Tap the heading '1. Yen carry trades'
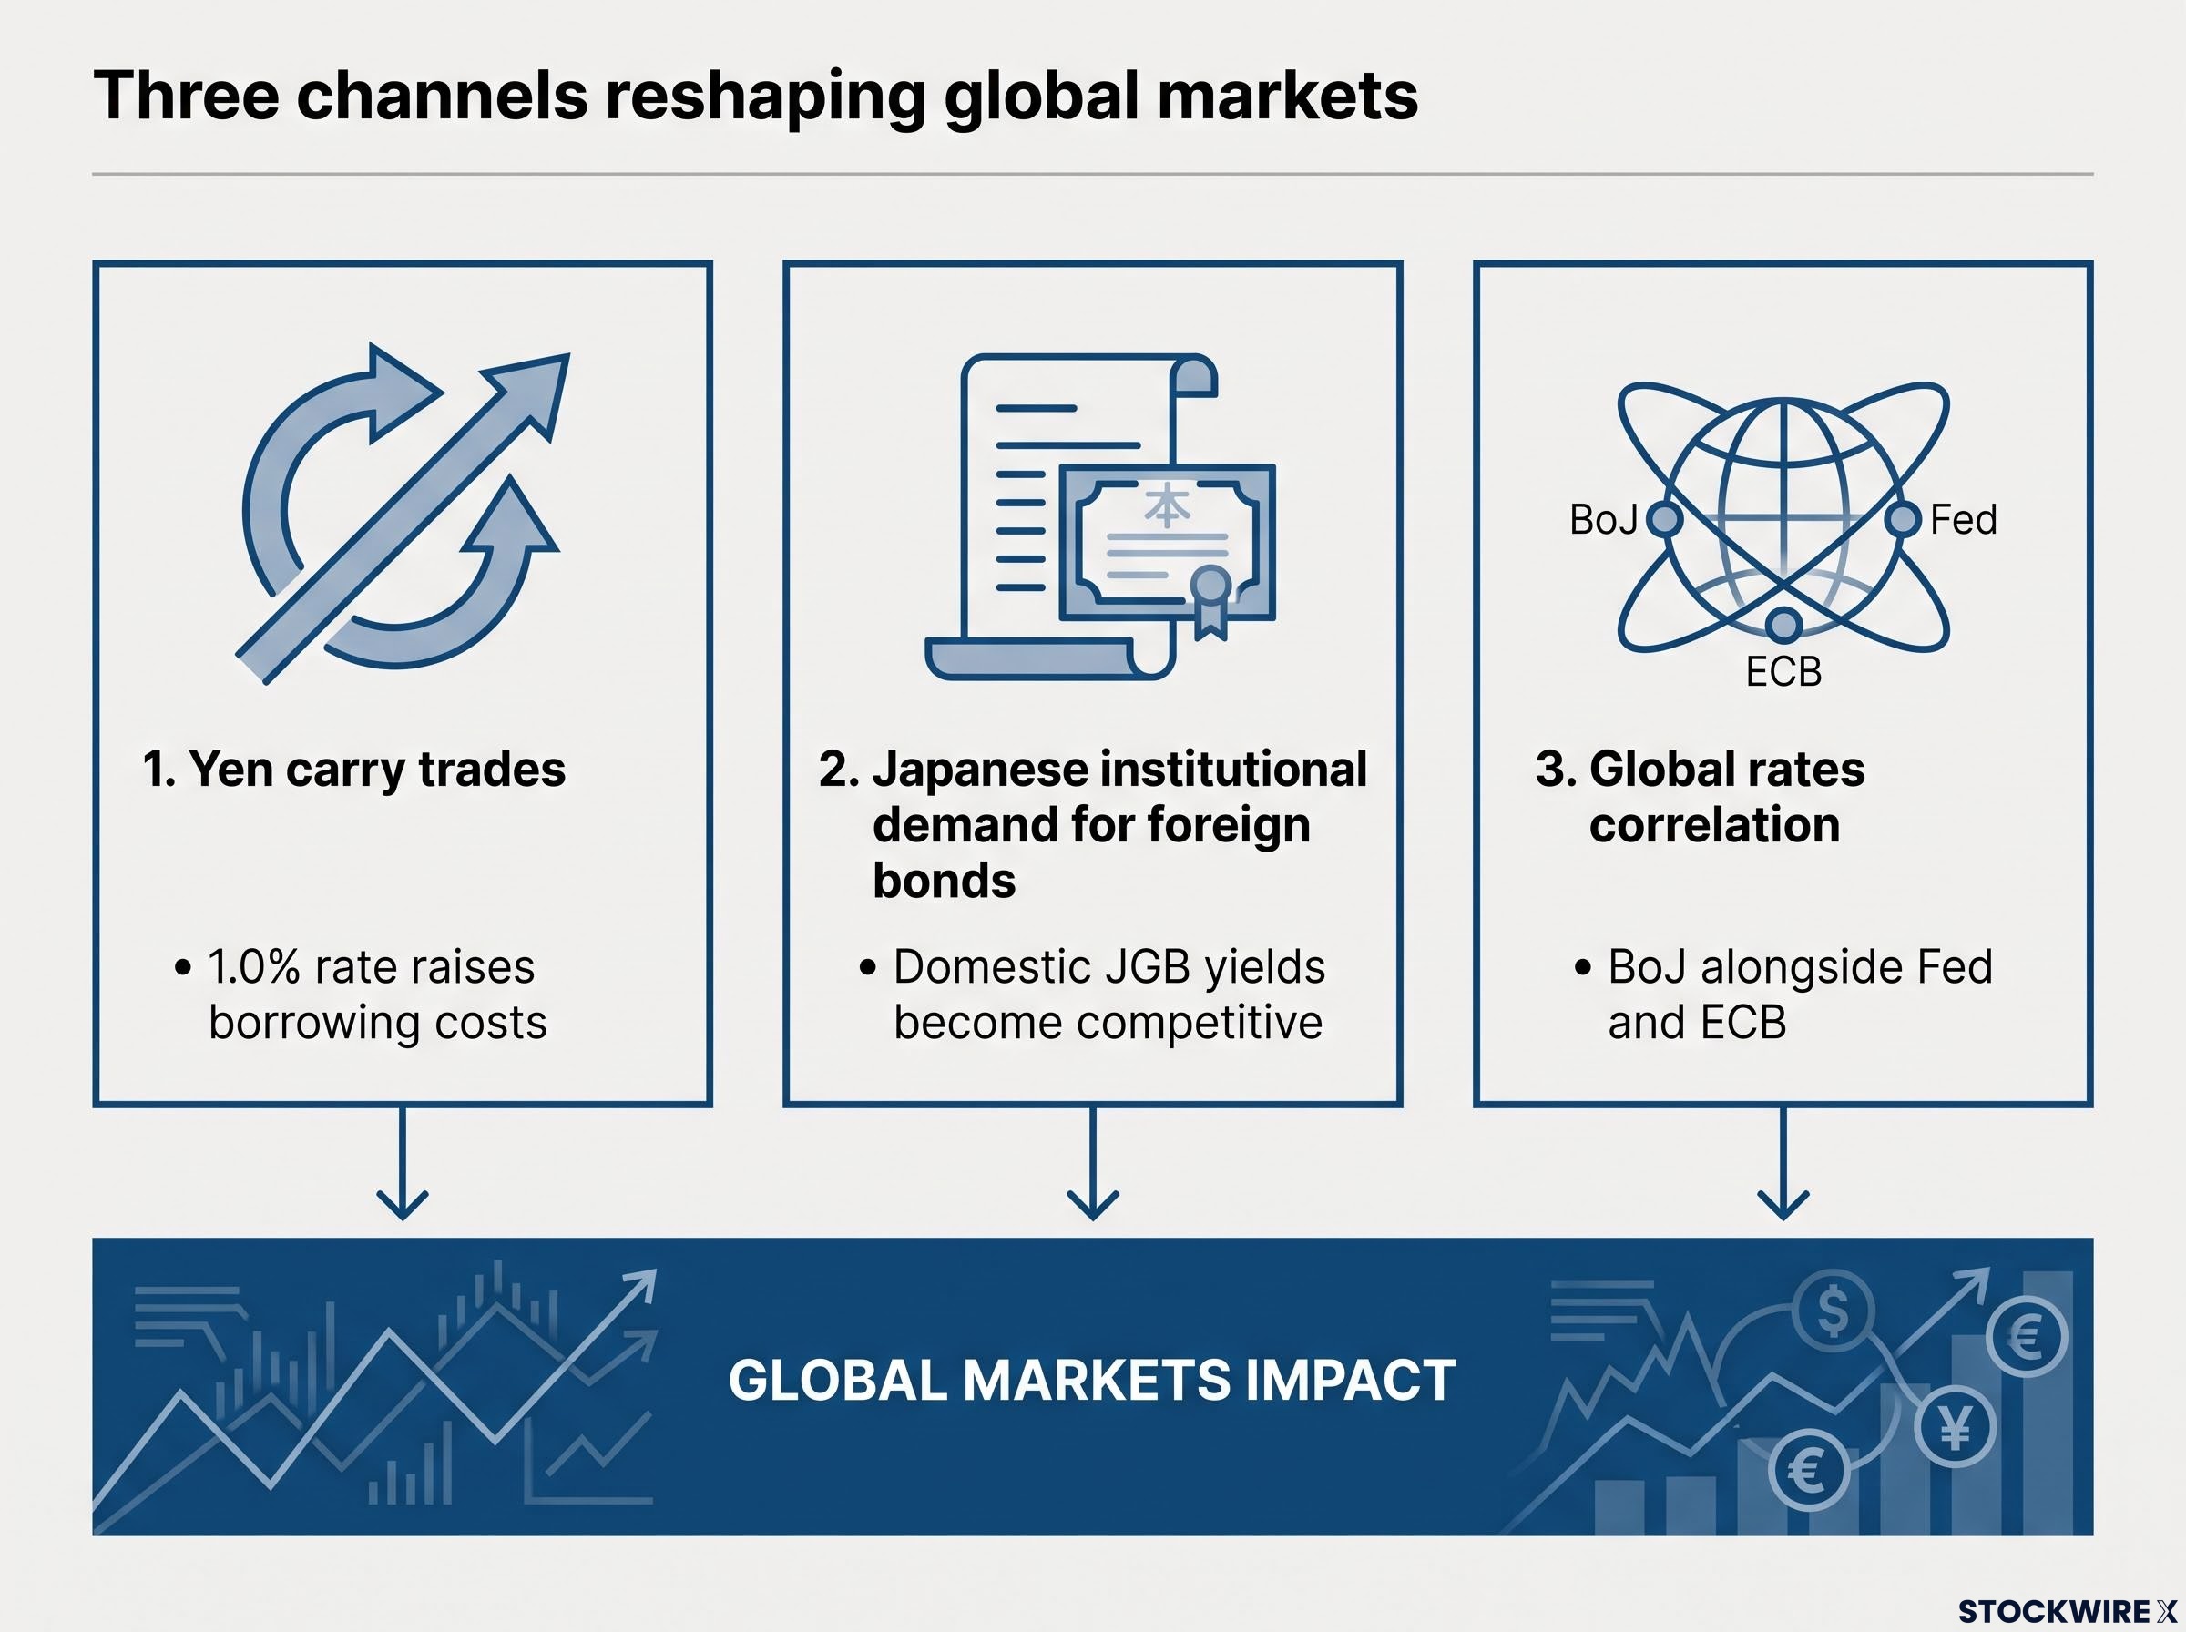pyautogui.click(x=353, y=770)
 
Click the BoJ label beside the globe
pyautogui.click(x=1603, y=520)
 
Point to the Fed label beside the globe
pyautogui.click(x=1964, y=520)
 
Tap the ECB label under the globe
pyautogui.click(x=1783, y=672)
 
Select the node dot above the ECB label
pyautogui.click(x=1783, y=625)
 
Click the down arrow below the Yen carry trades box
pyautogui.click(x=402, y=1163)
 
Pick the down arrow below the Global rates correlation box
pyautogui.click(x=1783, y=1163)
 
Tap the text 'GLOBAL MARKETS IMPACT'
pyautogui.click(x=1091, y=1380)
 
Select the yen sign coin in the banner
pyautogui.click(x=1955, y=1426)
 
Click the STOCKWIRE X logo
pyautogui.click(x=2068, y=1611)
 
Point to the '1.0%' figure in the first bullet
pyautogui.click(x=254, y=967)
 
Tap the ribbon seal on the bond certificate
pyautogui.click(x=1210, y=603)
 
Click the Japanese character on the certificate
pyautogui.click(x=1167, y=505)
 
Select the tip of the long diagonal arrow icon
pyautogui.click(x=569, y=354)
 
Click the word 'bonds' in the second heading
pyautogui.click(x=945, y=881)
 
